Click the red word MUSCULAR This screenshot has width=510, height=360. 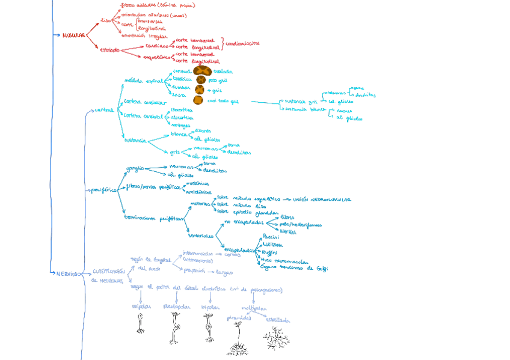pos(73,35)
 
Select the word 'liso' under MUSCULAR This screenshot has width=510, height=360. pos(106,20)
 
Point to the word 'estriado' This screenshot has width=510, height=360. pos(109,50)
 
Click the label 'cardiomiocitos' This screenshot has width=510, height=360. pos(242,43)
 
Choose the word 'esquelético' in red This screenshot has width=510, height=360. pos(157,57)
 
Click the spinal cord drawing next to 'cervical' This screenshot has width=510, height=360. pos(201,71)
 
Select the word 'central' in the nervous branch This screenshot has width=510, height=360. pos(104,110)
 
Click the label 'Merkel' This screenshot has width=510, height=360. pos(288,231)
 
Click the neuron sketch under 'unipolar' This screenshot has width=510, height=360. pos(140,323)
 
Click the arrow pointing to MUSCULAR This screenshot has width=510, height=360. pos(57,35)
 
